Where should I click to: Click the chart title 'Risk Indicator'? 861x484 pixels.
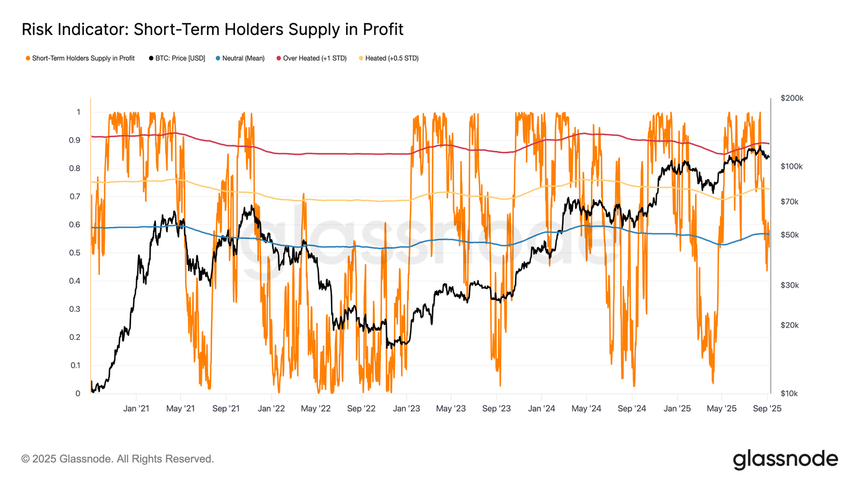click(x=212, y=29)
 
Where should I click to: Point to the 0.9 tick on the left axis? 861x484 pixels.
click(x=75, y=140)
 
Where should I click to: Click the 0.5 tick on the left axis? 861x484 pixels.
click(x=75, y=253)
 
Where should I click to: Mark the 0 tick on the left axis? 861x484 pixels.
click(x=78, y=394)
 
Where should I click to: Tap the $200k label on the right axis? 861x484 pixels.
click(x=792, y=98)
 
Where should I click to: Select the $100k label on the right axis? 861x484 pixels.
click(x=792, y=167)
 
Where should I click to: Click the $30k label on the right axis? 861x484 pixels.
click(x=790, y=285)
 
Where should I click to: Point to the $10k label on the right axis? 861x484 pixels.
click(x=790, y=394)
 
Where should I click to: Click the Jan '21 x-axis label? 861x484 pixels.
click(x=136, y=409)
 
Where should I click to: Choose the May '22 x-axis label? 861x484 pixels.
click(x=316, y=409)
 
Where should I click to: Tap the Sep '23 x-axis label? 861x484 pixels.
click(x=496, y=409)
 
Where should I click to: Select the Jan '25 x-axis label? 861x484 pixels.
click(x=677, y=409)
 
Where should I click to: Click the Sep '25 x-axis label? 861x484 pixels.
click(x=767, y=409)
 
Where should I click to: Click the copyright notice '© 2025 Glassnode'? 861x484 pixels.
click(x=117, y=459)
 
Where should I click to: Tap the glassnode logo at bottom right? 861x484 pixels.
click(x=785, y=460)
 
